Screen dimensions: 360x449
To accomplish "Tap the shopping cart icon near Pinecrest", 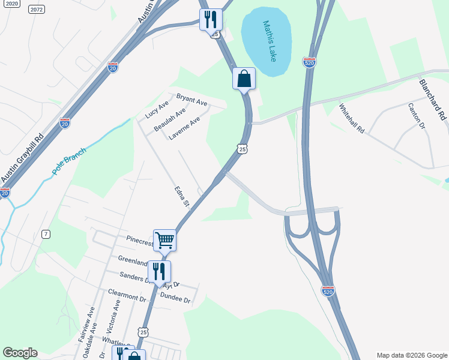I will coord(164,241).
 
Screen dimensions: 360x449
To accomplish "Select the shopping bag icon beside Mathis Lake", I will coord(244,78).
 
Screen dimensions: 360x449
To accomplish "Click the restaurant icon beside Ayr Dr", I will coord(159,271).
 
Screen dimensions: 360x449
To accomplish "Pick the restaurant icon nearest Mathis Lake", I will coord(210,19).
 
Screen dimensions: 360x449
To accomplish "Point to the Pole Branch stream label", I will coord(69,161).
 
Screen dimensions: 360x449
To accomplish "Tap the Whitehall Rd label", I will coord(352,118).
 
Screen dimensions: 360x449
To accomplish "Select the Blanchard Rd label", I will coord(433,98).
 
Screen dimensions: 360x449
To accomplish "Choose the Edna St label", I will coord(182,197).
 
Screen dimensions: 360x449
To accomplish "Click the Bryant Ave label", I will coord(191,100).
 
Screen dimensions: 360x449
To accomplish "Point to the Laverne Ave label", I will coord(184,128).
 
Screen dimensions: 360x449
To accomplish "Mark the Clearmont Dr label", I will coord(127,295).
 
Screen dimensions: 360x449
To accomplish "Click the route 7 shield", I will coord(46,234).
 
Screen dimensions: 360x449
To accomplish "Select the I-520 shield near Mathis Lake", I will coord(309,63).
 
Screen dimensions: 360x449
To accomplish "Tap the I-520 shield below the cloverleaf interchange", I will coord(328,291).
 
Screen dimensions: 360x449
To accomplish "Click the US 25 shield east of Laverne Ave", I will coord(242,149).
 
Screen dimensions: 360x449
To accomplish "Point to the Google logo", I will coord(20,353).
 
